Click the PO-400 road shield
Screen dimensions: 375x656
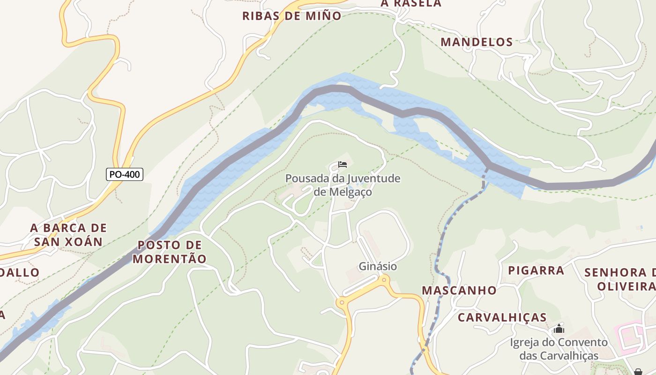[124, 174]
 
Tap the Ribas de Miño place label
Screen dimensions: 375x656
[291, 15]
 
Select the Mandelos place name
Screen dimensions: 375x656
[477, 42]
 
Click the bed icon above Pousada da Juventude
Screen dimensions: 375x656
[343, 165]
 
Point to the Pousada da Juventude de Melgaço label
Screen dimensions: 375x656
[343, 185]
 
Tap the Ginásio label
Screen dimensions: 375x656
[378, 266]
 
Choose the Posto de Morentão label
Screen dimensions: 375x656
[169, 252]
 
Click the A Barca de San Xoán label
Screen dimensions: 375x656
[68, 235]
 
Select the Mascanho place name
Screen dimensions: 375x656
[459, 290]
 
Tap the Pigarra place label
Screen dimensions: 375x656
[536, 270]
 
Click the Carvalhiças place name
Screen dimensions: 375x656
[502, 317]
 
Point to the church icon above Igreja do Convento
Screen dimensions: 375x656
[559, 329]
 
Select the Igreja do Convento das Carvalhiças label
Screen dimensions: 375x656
[559, 349]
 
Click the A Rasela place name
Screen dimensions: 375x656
[410, 4]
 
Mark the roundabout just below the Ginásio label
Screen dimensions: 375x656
[384, 280]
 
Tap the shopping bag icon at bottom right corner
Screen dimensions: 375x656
[638, 372]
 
